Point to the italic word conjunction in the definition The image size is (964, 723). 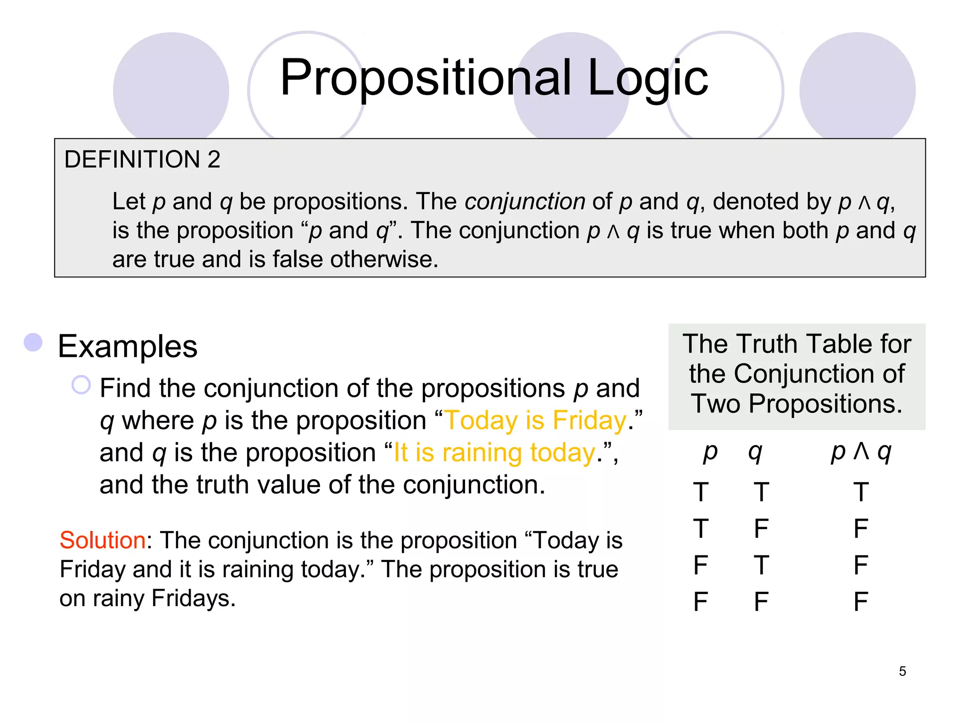[x=525, y=202]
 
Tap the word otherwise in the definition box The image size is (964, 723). [x=384, y=259]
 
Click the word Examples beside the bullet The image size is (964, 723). [x=128, y=346]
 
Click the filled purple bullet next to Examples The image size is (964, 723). [x=33, y=342]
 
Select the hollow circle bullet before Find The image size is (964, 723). [x=81, y=385]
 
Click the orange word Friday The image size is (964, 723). [x=589, y=420]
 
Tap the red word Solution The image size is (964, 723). [x=103, y=540]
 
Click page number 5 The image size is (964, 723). [x=902, y=671]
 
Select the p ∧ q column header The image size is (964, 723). [x=861, y=452]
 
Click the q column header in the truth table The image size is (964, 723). [x=755, y=452]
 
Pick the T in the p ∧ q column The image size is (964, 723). [x=861, y=492]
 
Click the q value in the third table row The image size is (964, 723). [x=761, y=565]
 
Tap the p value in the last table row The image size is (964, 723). [x=701, y=602]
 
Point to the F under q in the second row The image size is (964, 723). [x=761, y=529]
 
